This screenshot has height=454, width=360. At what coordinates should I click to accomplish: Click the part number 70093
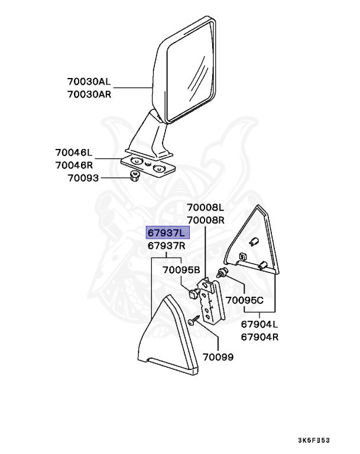[82, 177]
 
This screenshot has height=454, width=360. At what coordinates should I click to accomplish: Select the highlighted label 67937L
[167, 233]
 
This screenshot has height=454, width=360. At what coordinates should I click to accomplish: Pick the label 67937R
[167, 245]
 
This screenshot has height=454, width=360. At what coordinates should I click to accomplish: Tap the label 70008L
[206, 207]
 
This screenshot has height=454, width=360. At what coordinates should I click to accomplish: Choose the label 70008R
[206, 219]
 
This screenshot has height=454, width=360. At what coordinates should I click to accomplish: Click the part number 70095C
[245, 300]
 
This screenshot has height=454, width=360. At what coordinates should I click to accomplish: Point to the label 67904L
[259, 325]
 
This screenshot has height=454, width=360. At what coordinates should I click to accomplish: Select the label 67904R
[259, 337]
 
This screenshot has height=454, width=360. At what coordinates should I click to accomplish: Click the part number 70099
[218, 357]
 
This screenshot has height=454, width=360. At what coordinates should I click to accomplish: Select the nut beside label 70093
[134, 176]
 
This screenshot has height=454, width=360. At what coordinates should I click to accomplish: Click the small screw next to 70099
[194, 322]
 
